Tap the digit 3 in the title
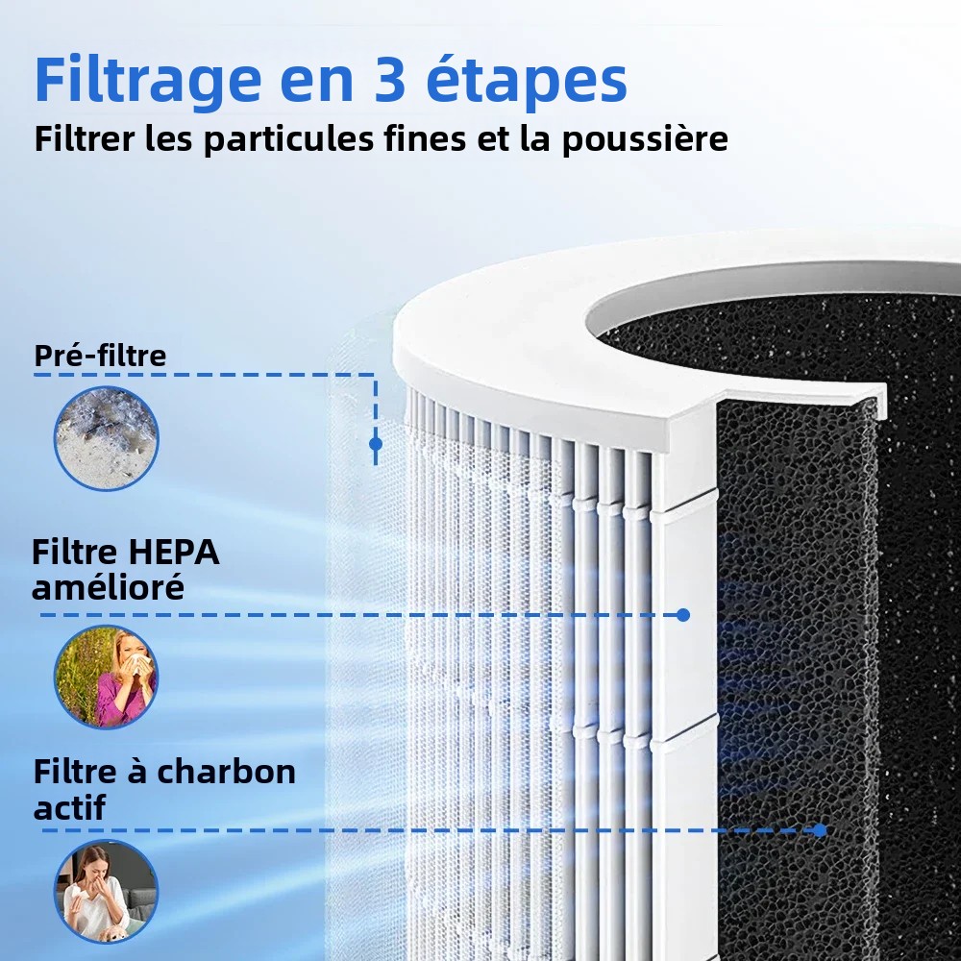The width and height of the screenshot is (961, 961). (389, 80)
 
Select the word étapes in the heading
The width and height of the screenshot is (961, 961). (527, 81)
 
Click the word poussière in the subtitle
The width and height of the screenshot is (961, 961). (645, 139)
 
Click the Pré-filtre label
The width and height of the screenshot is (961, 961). (100, 356)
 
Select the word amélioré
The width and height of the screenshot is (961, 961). (108, 587)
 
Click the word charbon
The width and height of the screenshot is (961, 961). (226, 772)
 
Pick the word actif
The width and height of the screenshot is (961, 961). (69, 807)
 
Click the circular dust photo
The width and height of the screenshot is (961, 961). (106, 438)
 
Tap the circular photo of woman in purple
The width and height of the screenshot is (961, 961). (106, 678)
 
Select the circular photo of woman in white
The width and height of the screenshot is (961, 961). (106, 892)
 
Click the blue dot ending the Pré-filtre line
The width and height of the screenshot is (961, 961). (376, 443)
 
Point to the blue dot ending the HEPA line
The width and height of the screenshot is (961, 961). (683, 615)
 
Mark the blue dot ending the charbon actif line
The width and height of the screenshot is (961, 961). (820, 830)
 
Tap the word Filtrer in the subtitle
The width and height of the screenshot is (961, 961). (85, 138)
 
